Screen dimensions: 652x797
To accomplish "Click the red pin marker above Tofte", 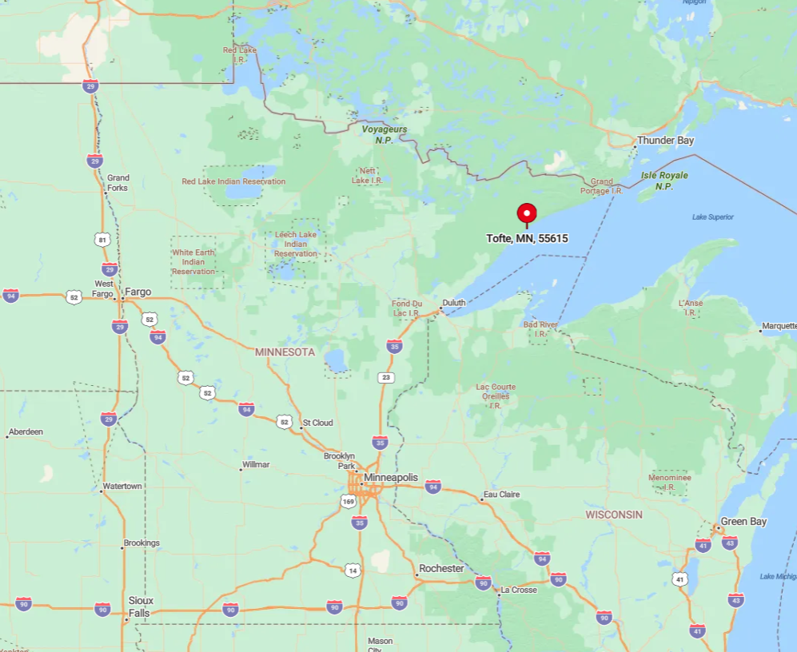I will [527, 213].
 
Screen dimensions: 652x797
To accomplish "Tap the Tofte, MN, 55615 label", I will [527, 238].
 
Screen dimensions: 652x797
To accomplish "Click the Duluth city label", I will [453, 303].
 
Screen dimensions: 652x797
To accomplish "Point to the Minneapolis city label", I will [390, 477].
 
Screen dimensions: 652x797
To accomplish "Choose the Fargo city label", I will [137, 292].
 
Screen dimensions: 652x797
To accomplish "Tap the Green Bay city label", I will [744, 522].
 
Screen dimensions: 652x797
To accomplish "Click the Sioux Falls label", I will [141, 606].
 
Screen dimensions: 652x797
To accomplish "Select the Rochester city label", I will [441, 568].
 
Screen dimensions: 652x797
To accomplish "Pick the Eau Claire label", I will [501, 495].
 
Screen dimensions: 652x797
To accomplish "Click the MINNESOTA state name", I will [285, 352].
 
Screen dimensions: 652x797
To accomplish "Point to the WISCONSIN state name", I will [614, 515].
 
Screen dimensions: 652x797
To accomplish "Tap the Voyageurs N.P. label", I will [385, 134].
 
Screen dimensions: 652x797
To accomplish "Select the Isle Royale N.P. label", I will [664, 181].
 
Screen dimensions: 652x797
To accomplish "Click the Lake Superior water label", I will [712, 217].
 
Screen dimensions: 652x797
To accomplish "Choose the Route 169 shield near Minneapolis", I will [348, 502].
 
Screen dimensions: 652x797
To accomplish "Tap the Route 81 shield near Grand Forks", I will [102, 239].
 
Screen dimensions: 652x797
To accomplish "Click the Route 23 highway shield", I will [387, 377].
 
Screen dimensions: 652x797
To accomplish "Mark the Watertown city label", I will [122, 486].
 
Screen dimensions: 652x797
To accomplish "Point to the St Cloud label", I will [317, 422].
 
